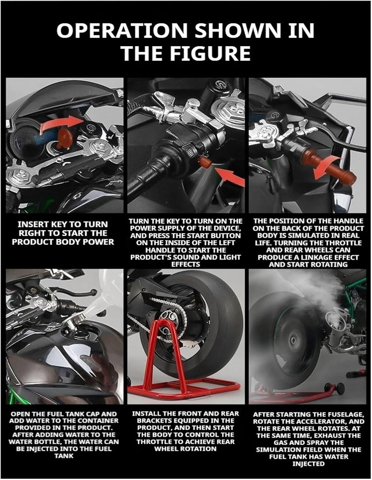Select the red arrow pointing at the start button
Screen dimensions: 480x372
click(229, 178)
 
